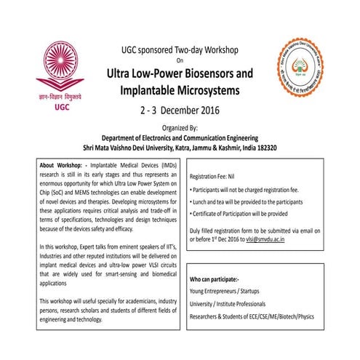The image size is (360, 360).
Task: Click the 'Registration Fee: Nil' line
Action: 220,176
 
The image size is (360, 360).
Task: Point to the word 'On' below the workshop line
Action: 180,61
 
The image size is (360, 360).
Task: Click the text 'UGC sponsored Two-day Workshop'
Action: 180,50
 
